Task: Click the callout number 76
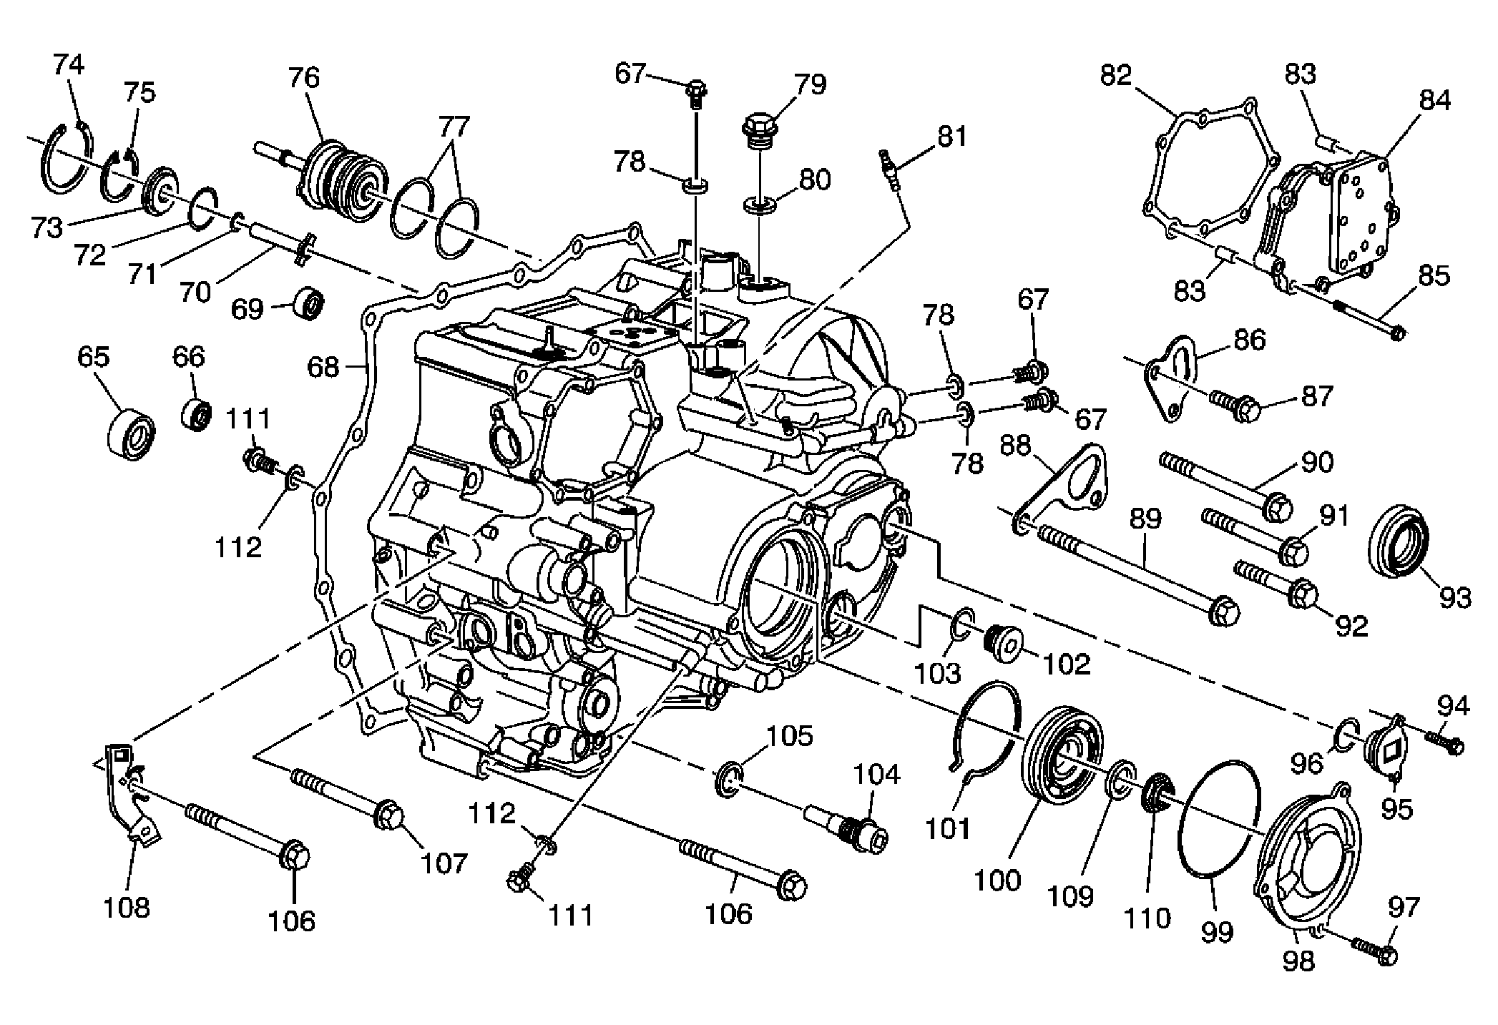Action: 303,77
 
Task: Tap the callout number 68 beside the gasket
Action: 323,367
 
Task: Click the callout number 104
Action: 877,774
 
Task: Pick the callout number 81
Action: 951,136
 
